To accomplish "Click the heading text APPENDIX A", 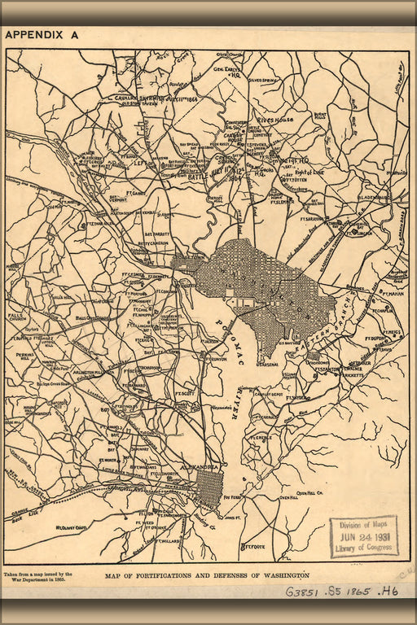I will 42,35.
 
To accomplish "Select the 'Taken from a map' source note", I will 37,577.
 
